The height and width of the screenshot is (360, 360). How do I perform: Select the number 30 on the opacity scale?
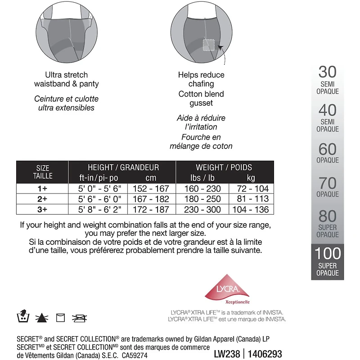(x=327, y=72)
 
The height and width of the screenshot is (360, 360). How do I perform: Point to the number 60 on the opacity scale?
(x=327, y=149)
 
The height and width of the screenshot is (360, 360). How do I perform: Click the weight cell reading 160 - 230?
(x=203, y=189)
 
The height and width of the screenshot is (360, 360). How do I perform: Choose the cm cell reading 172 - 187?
(x=151, y=209)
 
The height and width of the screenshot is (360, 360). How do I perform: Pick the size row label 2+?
(x=43, y=199)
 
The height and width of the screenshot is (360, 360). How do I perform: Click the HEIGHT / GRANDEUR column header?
(x=123, y=167)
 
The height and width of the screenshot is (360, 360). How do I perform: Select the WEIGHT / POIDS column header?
(x=224, y=167)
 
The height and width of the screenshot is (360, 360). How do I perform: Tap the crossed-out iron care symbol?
(x=81, y=318)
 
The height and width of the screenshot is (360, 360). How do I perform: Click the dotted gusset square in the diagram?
(x=208, y=45)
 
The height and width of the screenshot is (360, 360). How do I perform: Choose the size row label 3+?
(x=43, y=209)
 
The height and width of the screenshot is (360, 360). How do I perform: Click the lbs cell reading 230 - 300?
(x=203, y=209)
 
